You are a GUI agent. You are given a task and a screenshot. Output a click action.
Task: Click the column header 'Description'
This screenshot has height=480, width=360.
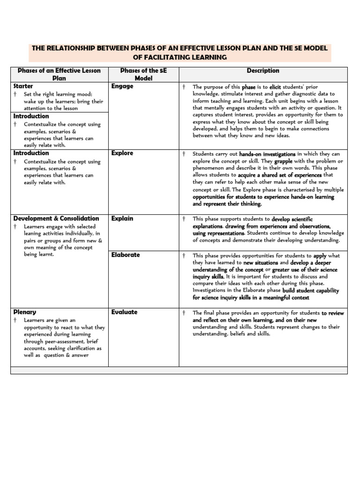tap(263, 71)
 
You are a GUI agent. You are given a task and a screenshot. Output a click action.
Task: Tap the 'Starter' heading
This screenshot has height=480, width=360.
tap(23, 86)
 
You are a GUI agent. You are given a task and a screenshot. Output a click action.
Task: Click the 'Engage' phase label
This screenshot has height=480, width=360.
tap(122, 86)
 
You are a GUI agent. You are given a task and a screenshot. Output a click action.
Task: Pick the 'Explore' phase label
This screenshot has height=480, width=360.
tap(122, 153)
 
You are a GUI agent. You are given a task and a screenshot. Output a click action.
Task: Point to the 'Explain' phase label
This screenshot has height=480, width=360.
tap(122, 218)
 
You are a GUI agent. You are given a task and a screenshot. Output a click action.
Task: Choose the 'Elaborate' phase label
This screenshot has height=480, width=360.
tap(125, 255)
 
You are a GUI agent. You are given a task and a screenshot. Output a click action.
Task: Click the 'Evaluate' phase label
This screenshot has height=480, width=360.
tap(124, 312)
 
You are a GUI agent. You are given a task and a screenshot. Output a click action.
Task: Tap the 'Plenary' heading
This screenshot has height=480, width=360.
tap(24, 312)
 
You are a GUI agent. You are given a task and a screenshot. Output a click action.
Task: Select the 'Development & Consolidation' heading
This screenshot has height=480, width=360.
tap(56, 218)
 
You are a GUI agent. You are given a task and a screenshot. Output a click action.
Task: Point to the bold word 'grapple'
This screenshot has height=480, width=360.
tap(284, 161)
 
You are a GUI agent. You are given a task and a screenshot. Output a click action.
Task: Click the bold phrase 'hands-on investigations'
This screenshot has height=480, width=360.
tap(267, 154)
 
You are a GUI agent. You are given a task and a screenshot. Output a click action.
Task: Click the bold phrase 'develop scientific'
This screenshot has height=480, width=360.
tap(292, 219)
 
